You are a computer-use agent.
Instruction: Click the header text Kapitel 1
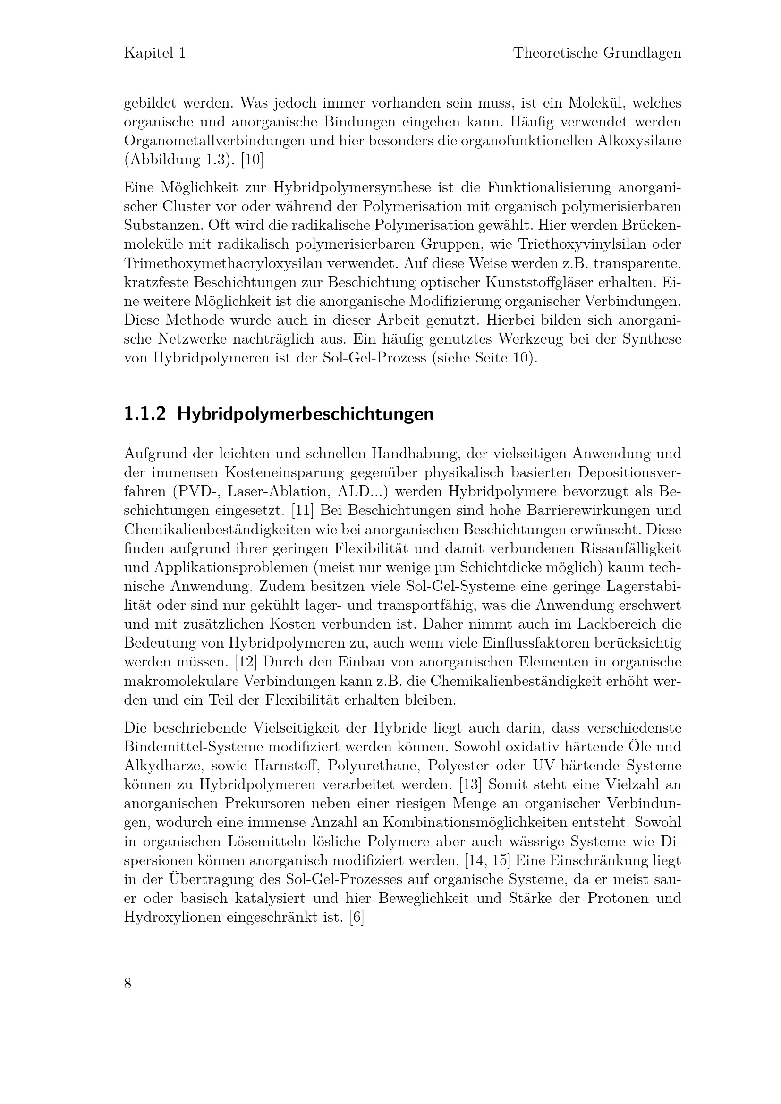[155, 53]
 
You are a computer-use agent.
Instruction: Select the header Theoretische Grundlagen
[597, 53]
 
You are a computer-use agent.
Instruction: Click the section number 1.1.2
[145, 414]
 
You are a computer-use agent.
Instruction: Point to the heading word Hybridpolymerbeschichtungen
[306, 414]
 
